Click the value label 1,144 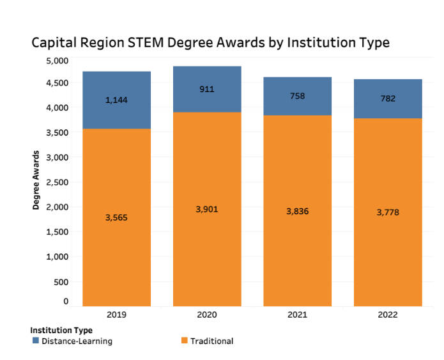click(x=116, y=100)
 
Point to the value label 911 click(x=207, y=89)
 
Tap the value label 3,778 click(x=388, y=212)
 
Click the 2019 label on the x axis click(x=116, y=315)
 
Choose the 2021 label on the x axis click(x=298, y=315)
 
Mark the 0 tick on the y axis click(x=65, y=301)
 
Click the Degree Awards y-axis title click(x=36, y=180)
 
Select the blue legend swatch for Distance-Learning click(x=35, y=341)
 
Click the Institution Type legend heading click(x=61, y=330)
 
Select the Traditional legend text click(x=212, y=341)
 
